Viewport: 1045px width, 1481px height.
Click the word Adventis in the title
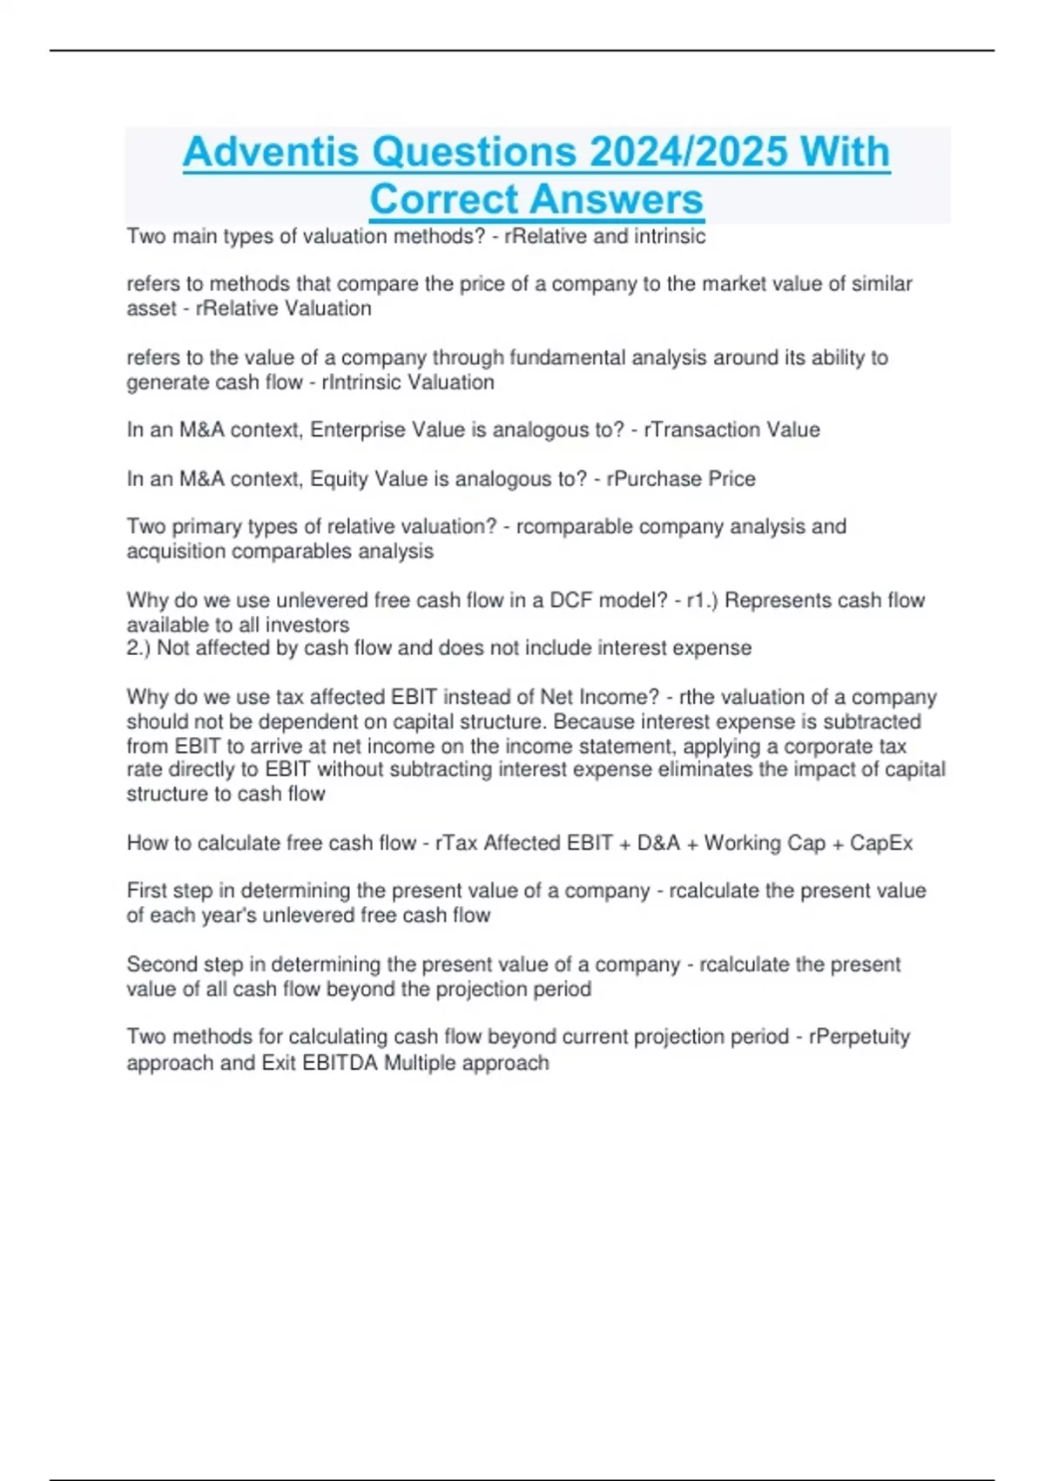pyautogui.click(x=270, y=152)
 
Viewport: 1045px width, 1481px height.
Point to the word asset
pyautogui.click(x=152, y=309)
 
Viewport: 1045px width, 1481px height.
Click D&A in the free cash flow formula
pyautogui.click(x=658, y=843)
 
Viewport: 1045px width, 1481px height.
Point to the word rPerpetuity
pyautogui.click(x=860, y=1037)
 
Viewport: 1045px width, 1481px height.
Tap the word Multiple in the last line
pyautogui.click(x=421, y=1063)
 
